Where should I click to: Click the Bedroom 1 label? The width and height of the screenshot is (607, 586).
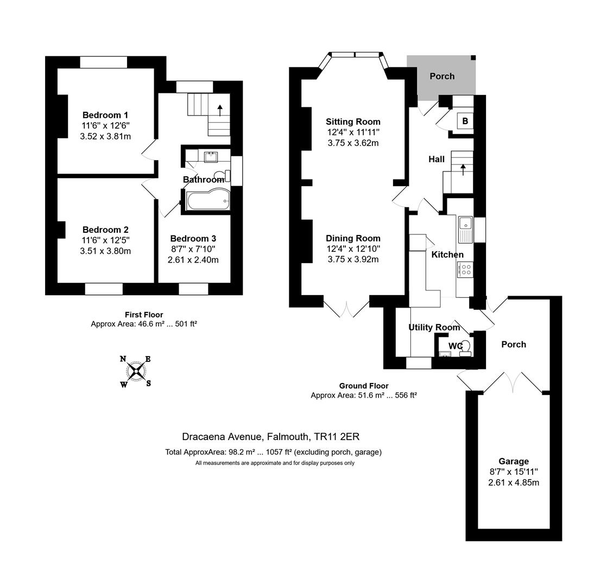click(x=105, y=115)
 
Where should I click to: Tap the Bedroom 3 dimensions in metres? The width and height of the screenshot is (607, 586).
click(x=193, y=260)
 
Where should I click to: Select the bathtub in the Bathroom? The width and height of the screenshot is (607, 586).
click(x=208, y=200)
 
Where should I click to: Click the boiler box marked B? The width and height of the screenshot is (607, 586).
click(x=465, y=121)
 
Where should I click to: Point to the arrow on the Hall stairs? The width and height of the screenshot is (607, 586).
click(x=463, y=169)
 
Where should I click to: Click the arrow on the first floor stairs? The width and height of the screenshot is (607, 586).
click(x=220, y=110)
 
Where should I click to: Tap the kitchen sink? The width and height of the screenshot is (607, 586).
click(x=465, y=228)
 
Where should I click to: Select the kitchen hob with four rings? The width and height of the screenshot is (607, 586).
click(x=465, y=270)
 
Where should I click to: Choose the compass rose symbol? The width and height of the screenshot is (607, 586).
click(x=136, y=371)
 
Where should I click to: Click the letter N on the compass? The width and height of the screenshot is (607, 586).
click(x=123, y=359)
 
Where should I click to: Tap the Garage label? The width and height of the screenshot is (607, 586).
click(x=513, y=461)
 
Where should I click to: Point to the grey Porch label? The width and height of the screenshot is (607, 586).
click(x=442, y=76)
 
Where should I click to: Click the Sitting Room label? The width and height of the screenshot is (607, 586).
click(x=353, y=122)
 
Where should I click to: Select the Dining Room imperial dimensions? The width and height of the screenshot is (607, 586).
click(x=353, y=249)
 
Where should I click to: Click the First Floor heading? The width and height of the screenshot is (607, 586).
click(x=144, y=315)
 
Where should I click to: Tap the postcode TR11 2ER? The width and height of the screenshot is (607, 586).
click(x=337, y=437)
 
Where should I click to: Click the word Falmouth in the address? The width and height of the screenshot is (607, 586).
click(x=288, y=437)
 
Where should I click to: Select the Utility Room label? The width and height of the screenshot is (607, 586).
click(x=434, y=327)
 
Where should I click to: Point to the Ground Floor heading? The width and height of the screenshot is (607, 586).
click(x=364, y=386)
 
